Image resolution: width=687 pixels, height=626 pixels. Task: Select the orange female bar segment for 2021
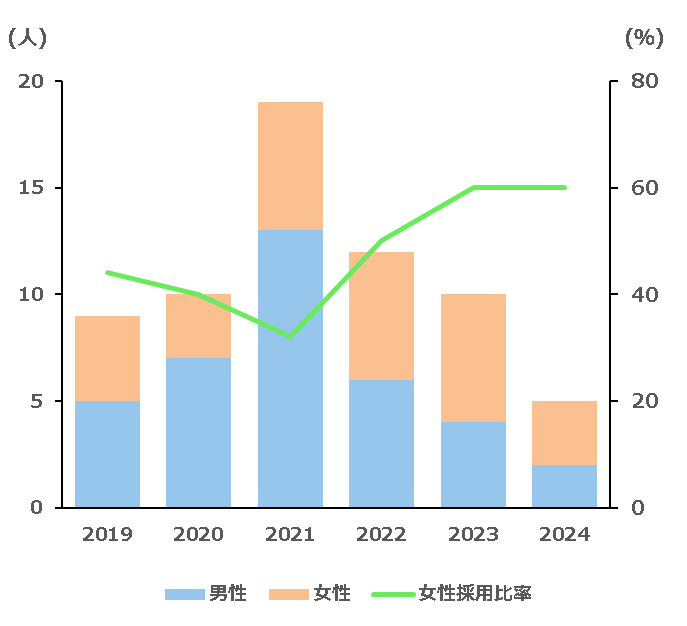point(290,166)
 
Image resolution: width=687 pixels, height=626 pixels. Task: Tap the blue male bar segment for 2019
point(107,454)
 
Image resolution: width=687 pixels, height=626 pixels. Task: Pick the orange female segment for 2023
point(473,358)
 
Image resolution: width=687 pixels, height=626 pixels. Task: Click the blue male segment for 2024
point(565,486)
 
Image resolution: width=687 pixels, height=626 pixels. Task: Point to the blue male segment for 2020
point(198,432)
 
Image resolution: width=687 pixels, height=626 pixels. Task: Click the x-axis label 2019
point(107,535)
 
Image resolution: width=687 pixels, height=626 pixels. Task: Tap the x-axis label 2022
point(382,535)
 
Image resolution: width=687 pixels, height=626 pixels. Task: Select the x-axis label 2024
point(565,535)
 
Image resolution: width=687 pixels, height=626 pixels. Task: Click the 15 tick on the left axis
point(32,188)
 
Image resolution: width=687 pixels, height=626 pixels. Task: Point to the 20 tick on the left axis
point(32,81)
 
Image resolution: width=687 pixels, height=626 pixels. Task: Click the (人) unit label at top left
point(27,38)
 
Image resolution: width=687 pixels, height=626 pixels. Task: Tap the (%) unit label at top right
point(644,38)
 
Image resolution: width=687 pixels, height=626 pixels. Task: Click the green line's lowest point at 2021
point(290,337)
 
